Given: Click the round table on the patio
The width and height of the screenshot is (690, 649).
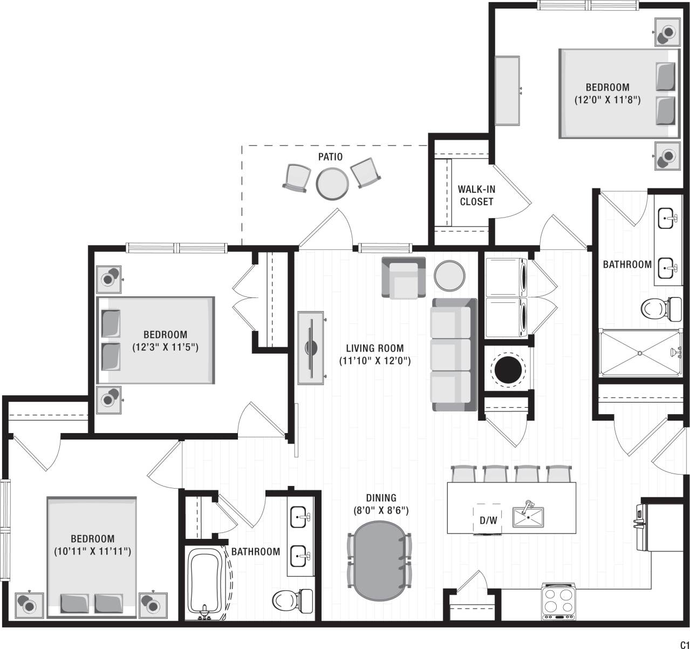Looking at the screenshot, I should pos(331,183).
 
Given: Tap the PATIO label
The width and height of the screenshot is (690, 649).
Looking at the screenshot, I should pos(330,157).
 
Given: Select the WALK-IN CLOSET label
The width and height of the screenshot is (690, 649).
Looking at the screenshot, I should pos(476,195).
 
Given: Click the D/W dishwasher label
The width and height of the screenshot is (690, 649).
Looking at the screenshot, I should pos(488,520).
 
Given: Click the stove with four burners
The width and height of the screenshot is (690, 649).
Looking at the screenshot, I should pos(558,601).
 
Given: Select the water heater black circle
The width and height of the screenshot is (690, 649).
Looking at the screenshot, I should pos(509,370).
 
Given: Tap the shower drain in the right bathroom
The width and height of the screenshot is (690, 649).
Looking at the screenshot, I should pos(640,353).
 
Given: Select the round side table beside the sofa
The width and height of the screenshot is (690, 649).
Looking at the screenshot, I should pos(449,275).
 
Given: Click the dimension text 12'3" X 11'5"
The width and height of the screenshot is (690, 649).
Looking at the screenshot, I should pos(166,347).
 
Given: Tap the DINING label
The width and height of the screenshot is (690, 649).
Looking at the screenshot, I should pos(381,498).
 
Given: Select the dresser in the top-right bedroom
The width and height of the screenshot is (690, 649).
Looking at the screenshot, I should pos(507,90).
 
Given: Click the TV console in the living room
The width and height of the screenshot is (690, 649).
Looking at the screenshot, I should pos(311,348).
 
